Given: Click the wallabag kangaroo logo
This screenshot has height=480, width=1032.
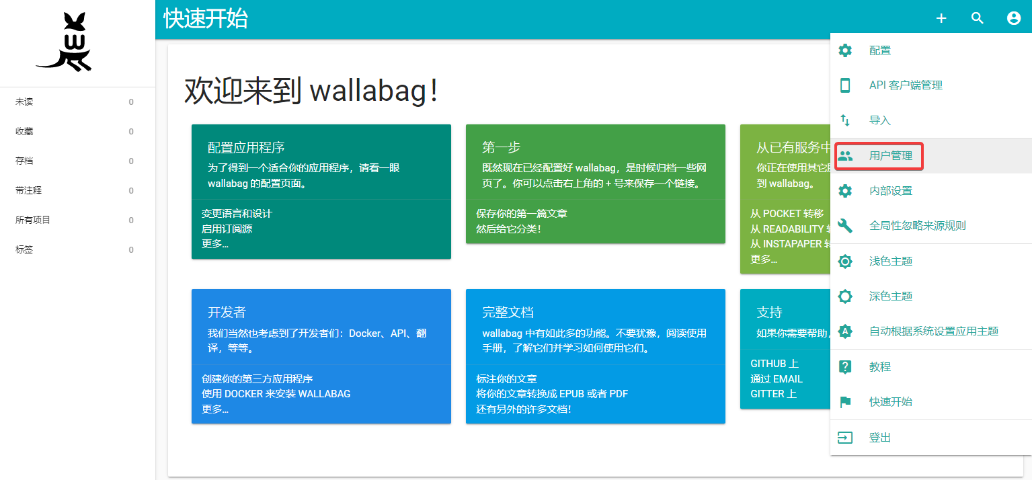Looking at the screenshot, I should (x=64, y=42).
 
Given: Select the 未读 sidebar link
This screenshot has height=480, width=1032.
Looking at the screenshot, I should (x=24, y=102).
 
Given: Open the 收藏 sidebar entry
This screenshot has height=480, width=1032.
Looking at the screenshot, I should (x=24, y=132).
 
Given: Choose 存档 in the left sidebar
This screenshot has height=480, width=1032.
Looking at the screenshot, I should (x=24, y=161).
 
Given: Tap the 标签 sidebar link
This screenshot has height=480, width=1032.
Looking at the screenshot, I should (x=24, y=250).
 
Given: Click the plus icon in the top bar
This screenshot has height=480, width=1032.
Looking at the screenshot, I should (x=941, y=19).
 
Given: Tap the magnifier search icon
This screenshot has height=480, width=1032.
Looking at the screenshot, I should (x=978, y=19).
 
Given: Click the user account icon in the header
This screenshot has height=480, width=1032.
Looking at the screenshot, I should (x=1014, y=19).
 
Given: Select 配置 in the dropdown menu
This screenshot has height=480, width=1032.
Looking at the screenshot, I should (x=880, y=50).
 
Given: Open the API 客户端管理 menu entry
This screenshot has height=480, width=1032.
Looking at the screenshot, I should (x=905, y=85).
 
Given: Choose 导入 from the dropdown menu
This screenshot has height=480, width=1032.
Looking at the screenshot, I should (x=880, y=120).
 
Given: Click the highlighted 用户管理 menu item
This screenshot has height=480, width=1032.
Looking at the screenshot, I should (x=890, y=156).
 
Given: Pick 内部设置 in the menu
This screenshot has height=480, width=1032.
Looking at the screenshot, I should (x=890, y=191).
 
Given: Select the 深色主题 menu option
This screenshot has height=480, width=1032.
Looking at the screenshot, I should (x=890, y=296).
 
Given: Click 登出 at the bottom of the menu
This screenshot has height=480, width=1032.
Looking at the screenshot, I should (x=880, y=438).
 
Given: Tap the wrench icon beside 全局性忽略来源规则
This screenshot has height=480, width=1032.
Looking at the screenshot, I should (x=845, y=226).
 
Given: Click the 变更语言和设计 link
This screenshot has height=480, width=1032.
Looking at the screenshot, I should (x=237, y=214).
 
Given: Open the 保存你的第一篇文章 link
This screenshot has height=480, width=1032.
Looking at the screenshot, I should (x=522, y=214).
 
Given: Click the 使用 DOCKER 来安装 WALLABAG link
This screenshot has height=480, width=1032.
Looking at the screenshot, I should (x=276, y=394).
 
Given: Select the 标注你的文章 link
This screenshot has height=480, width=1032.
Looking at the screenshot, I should (x=506, y=379).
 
